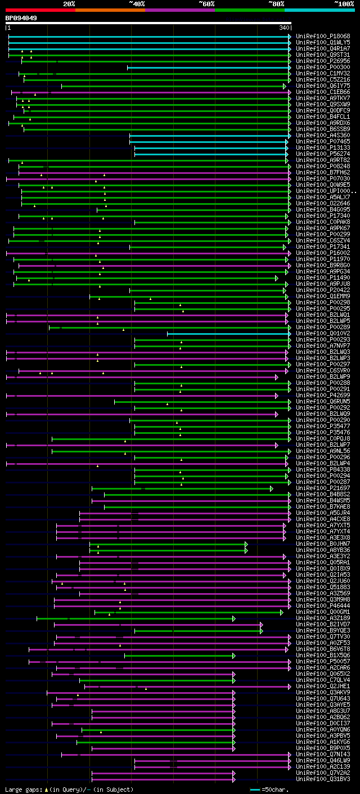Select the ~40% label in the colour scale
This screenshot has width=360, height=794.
137,4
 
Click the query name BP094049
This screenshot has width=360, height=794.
21,18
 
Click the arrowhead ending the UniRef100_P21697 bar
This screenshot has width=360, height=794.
271,488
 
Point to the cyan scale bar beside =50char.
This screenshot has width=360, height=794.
255,789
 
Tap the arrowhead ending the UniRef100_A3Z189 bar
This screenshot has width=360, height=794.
233,618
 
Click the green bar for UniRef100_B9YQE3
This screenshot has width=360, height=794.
197,631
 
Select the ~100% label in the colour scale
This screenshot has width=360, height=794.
344,4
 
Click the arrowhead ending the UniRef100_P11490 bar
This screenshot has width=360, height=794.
277,278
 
